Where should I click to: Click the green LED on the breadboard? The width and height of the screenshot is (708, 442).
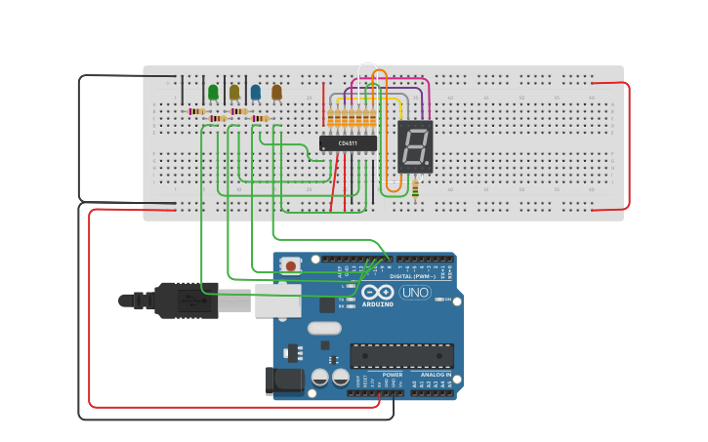point(213,92)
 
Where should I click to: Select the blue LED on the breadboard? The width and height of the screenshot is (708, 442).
point(256,92)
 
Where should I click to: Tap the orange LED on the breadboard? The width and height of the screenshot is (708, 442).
point(276,92)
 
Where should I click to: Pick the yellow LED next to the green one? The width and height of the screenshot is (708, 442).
point(234,92)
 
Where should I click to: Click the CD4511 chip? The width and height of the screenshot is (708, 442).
point(347,143)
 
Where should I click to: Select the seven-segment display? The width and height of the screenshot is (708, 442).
point(415,147)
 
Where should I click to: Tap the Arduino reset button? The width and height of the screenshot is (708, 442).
point(291,264)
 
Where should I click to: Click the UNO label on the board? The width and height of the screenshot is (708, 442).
point(415,293)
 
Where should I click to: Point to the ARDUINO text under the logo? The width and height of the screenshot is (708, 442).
point(378,304)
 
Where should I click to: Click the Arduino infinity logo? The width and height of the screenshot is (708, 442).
point(377,293)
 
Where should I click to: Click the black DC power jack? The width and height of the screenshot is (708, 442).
point(285,381)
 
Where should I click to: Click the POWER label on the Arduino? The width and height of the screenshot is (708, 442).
point(392,374)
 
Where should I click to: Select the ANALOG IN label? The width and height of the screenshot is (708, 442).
point(436,374)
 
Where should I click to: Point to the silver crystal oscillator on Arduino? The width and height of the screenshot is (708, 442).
point(324,328)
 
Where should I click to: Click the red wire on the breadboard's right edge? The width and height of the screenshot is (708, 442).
point(628,146)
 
